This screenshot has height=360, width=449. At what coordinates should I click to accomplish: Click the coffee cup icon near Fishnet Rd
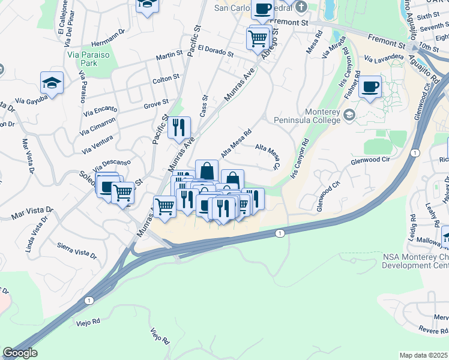click(370, 88)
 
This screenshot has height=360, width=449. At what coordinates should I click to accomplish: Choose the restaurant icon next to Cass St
click(179, 127)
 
